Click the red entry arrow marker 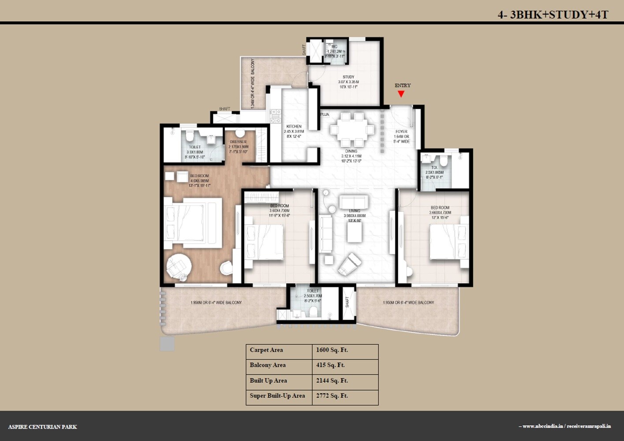pyautogui.click(x=401, y=93)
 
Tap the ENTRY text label pyautogui.click(x=403, y=86)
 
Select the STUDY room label pyautogui.click(x=348, y=77)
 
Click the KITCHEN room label pyautogui.click(x=294, y=127)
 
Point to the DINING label pyautogui.click(x=351, y=151)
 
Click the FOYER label pyautogui.click(x=401, y=132)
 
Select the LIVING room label pyautogui.click(x=355, y=211)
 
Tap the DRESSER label pyautogui.click(x=239, y=142)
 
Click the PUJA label pyautogui.click(x=325, y=115)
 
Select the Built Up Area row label pyautogui.click(x=268, y=381)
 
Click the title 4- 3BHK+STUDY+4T pyautogui.click(x=553, y=15)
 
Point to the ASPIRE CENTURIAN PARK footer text pyautogui.click(x=42, y=427)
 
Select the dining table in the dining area pyautogui.click(x=352, y=130)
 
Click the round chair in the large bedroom pyautogui.click(x=179, y=266)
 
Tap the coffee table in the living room pyautogui.click(x=354, y=232)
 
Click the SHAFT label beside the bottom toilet pyautogui.click(x=347, y=302)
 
